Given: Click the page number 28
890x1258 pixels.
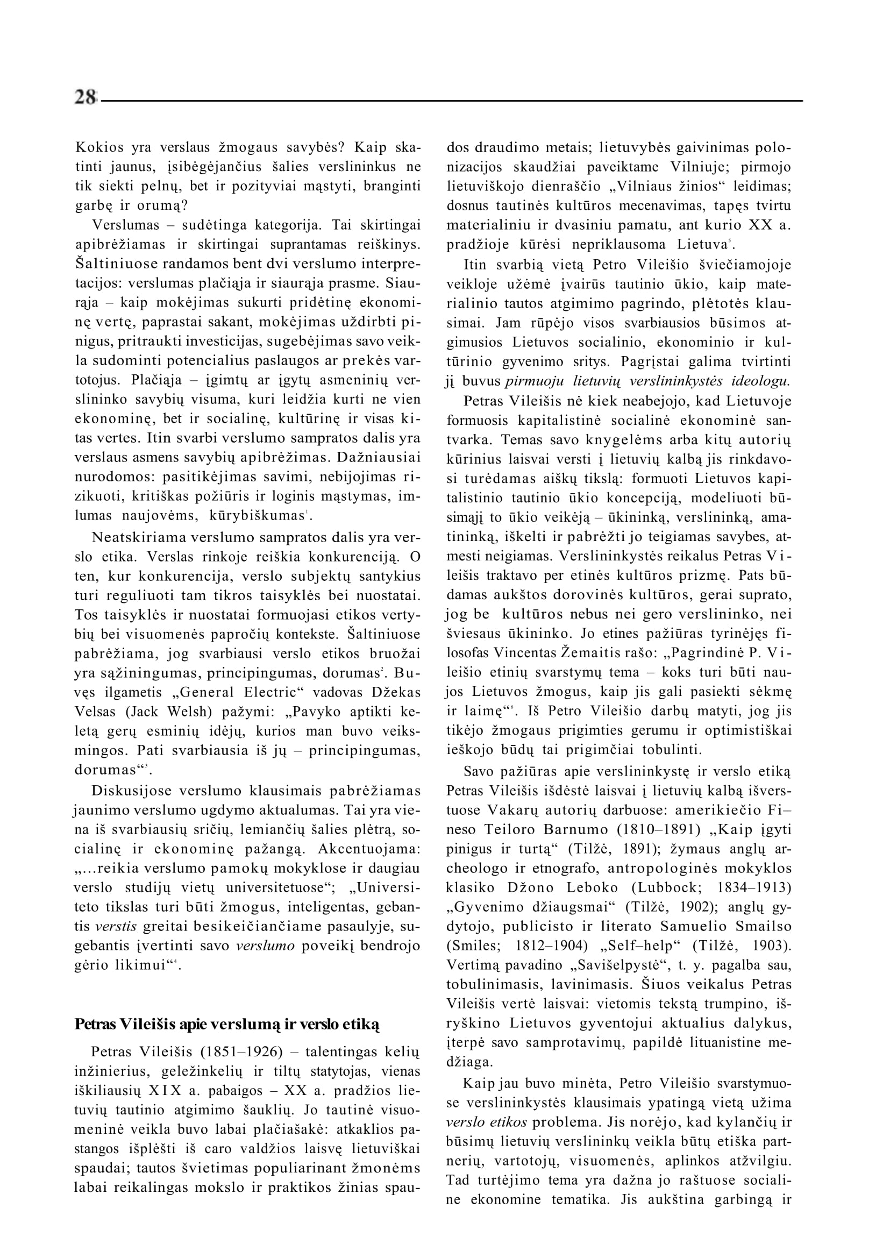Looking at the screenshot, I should click(x=86, y=97).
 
